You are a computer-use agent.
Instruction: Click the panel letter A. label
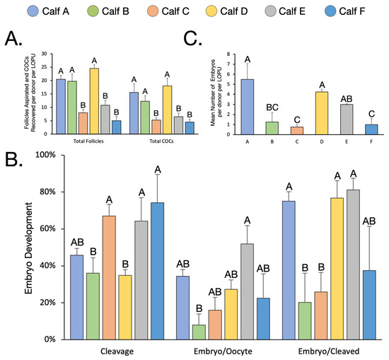15,42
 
